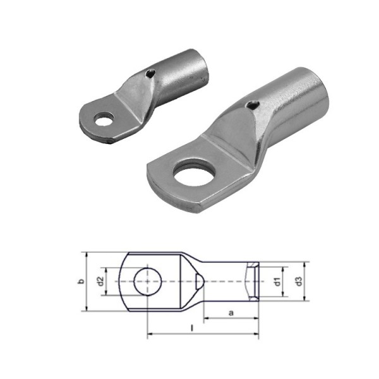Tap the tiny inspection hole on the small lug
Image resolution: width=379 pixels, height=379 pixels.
tap(148, 75)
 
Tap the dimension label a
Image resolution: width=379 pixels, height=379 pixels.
tap(231, 312)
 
